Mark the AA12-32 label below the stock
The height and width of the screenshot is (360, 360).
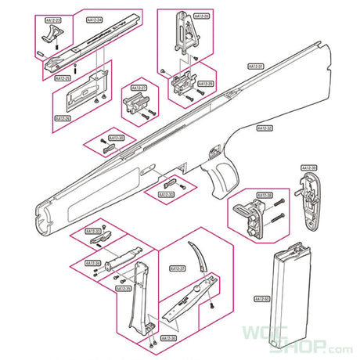tap(265, 128)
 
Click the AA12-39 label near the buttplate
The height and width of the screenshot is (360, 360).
tap(308, 167)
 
